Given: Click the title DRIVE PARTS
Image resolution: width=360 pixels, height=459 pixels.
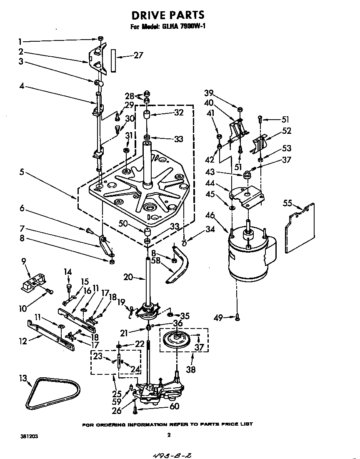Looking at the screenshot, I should coord(168,15).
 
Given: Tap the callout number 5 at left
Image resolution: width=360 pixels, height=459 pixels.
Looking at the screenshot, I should coord(21,172).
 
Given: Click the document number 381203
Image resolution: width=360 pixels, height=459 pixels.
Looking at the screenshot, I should coord(29,436).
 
